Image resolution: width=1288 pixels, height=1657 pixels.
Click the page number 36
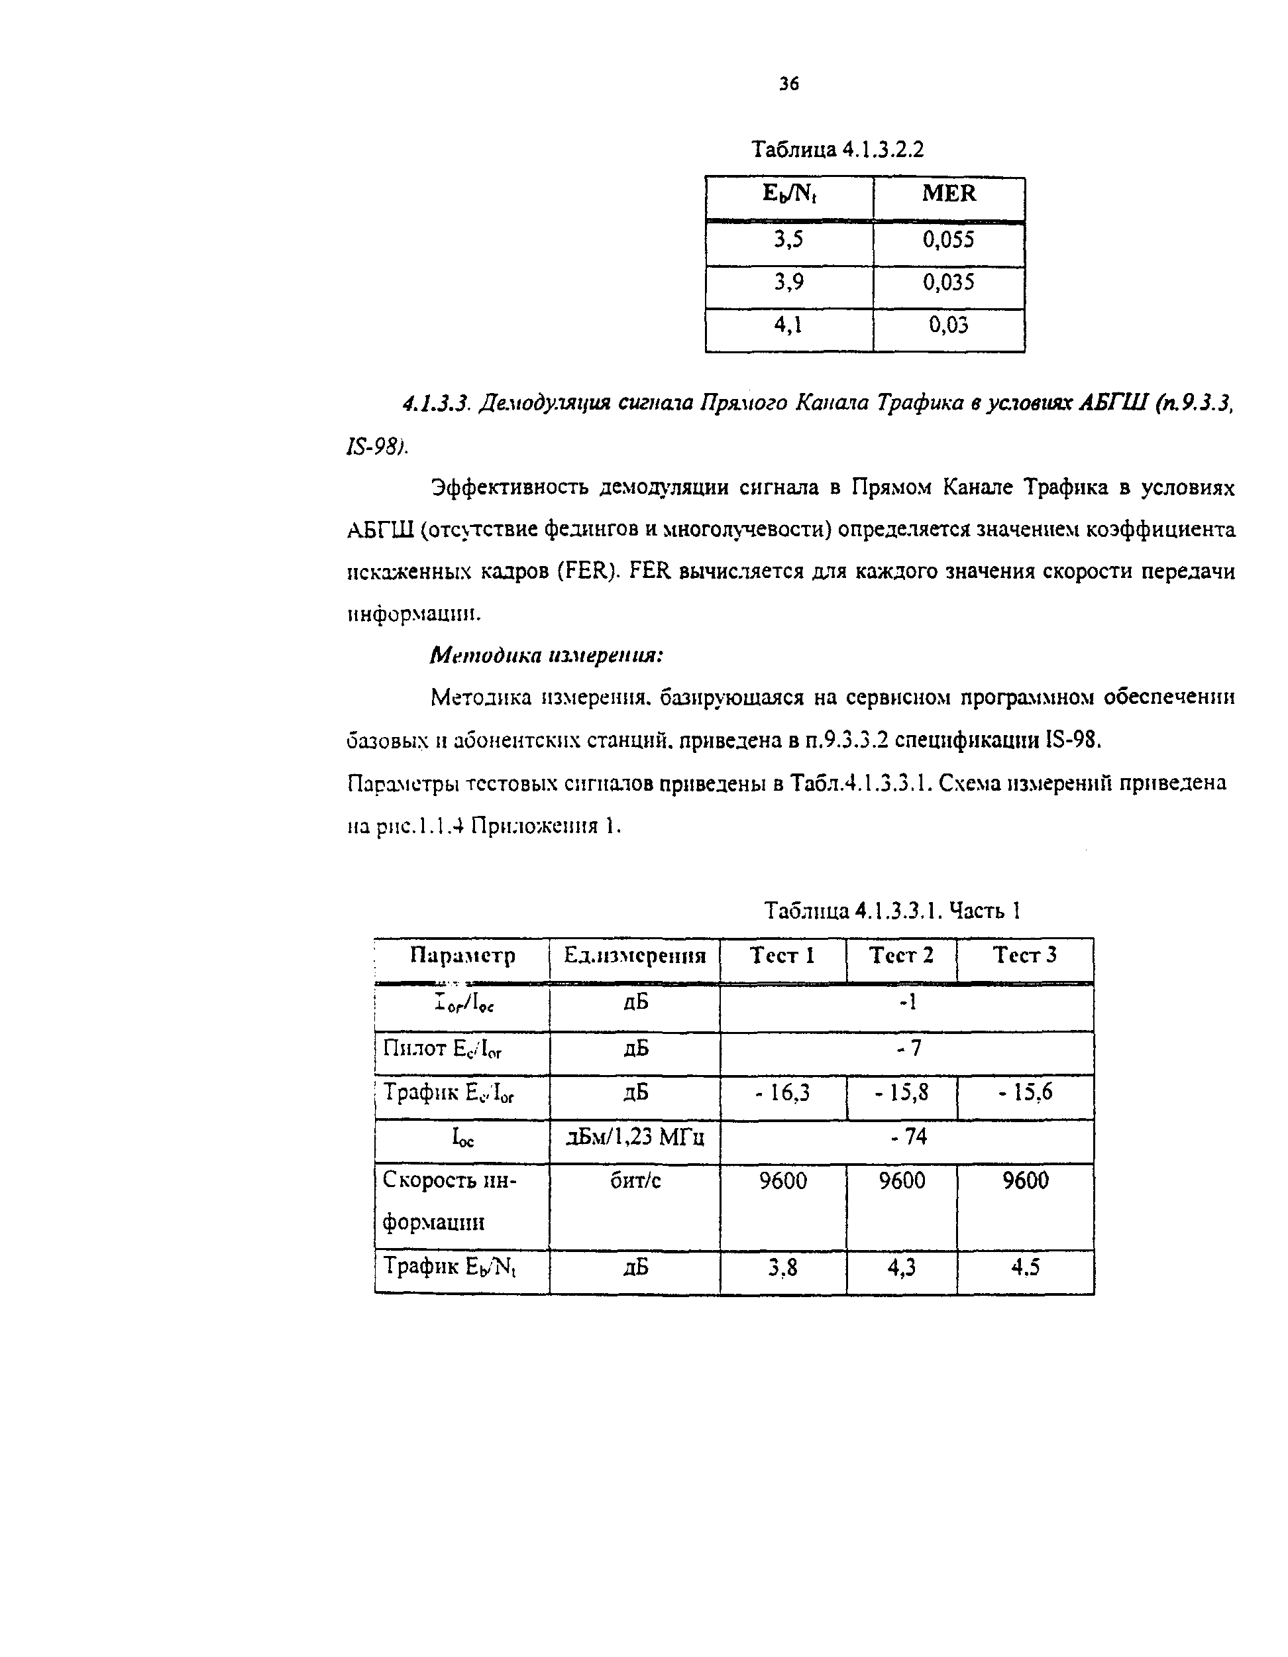789,84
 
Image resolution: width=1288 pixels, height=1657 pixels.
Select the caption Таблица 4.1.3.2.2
837,150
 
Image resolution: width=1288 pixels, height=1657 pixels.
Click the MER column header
948,194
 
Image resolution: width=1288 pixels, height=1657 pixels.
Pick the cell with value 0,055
948,241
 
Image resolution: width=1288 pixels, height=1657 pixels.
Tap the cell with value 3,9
789,283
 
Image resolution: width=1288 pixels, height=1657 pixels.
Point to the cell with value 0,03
948,325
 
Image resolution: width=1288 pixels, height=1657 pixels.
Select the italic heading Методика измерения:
546,655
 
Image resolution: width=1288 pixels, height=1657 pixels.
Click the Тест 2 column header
901,955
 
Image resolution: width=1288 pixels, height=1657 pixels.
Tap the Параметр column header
462,955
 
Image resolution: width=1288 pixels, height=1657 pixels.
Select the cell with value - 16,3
783,1092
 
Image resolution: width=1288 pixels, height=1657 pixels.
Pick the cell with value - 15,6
1025,1092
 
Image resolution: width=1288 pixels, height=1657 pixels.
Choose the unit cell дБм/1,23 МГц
635,1137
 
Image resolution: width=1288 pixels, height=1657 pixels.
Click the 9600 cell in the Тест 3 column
1025,1181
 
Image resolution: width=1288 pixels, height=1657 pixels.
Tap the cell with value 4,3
901,1268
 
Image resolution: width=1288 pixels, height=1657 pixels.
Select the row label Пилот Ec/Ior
442,1049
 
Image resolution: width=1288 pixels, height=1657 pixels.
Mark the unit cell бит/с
635,1181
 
